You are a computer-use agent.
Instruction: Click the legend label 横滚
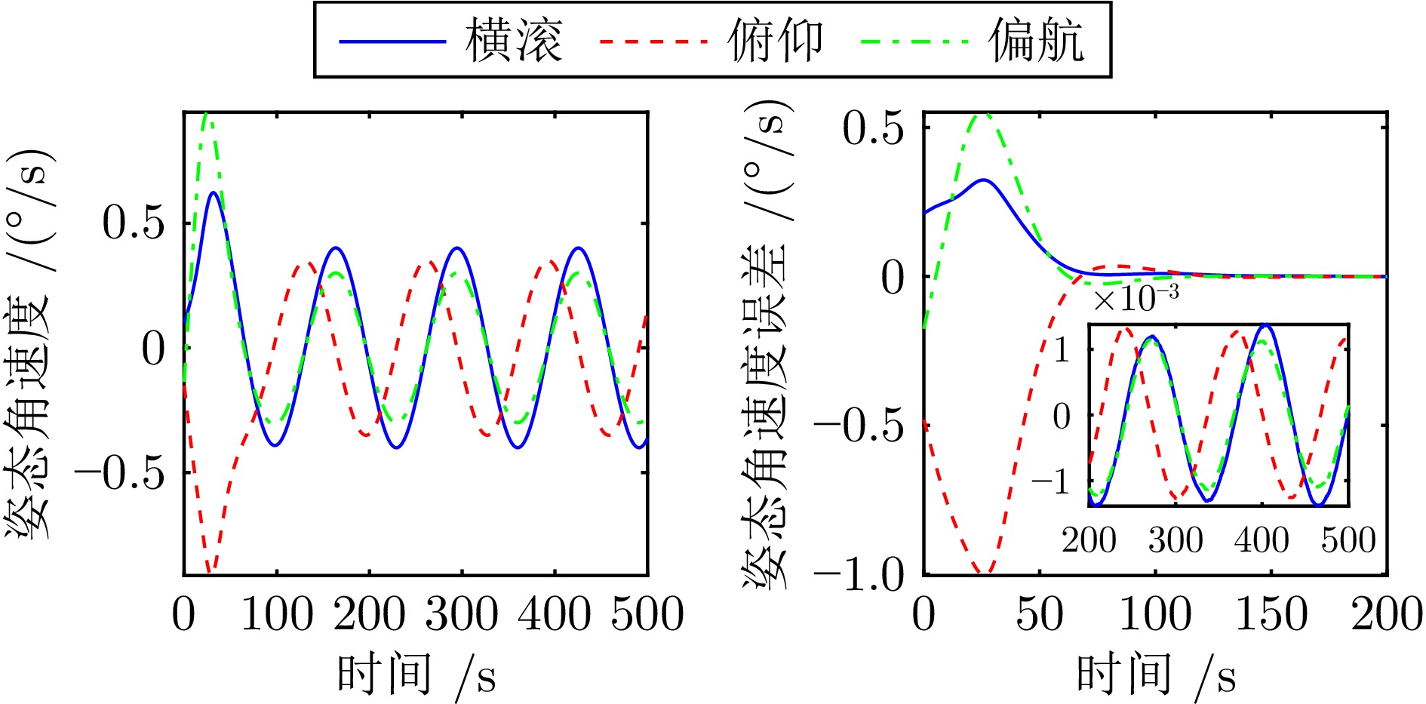point(514,41)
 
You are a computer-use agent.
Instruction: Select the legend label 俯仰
point(775,41)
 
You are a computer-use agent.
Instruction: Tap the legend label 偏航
point(1037,41)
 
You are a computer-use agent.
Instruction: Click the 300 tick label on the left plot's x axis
point(462,614)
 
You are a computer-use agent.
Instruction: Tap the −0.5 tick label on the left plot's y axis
point(120,473)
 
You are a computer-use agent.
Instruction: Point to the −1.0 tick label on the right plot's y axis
point(859,576)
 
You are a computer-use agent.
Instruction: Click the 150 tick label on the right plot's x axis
point(1271,614)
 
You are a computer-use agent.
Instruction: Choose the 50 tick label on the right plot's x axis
point(1039,614)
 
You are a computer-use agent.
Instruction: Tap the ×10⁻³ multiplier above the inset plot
point(1136,299)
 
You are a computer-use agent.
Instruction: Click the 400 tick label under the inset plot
point(1262,540)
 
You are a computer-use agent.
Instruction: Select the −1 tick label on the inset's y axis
point(1051,481)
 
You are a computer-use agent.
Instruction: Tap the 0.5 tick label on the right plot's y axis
point(873,129)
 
